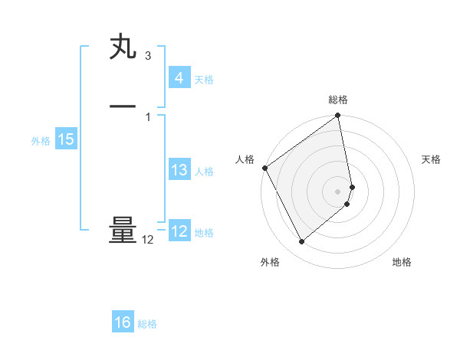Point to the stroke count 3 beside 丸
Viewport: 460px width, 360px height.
pyautogui.click(x=147, y=56)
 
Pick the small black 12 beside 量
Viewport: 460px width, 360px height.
pyautogui.click(x=148, y=240)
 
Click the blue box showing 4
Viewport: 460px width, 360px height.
pyautogui.click(x=179, y=78)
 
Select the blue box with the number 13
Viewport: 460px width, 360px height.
pyautogui.click(x=179, y=170)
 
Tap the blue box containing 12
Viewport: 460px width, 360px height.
pyautogui.click(x=179, y=231)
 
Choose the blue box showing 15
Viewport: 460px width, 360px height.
pyautogui.click(x=65, y=139)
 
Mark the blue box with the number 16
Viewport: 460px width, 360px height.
pyautogui.click(x=123, y=322)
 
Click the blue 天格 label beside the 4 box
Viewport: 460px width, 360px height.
pyautogui.click(x=204, y=80)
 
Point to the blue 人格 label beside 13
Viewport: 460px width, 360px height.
pyautogui.click(x=204, y=172)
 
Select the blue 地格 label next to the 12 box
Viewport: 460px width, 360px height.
pyautogui.click(x=204, y=233)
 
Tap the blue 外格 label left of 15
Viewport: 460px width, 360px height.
pyautogui.click(x=41, y=141)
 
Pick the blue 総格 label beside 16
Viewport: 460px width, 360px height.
pyautogui.click(x=148, y=324)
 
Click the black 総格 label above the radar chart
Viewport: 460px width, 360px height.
pyautogui.click(x=338, y=100)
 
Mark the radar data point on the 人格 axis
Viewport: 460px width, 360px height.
pyautogui.click(x=264, y=168)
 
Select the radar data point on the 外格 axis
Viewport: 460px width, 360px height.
pyautogui.click(x=301, y=242)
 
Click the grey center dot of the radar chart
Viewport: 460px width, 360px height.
pyautogui.click(x=338, y=191)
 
